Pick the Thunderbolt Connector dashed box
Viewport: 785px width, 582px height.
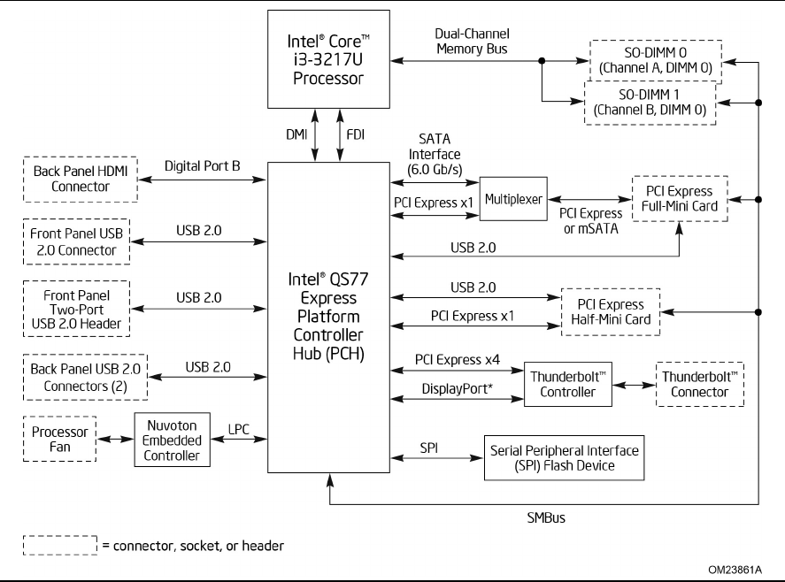[698, 384]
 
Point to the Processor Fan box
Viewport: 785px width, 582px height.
[60, 440]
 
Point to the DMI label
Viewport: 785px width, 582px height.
[297, 137]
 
